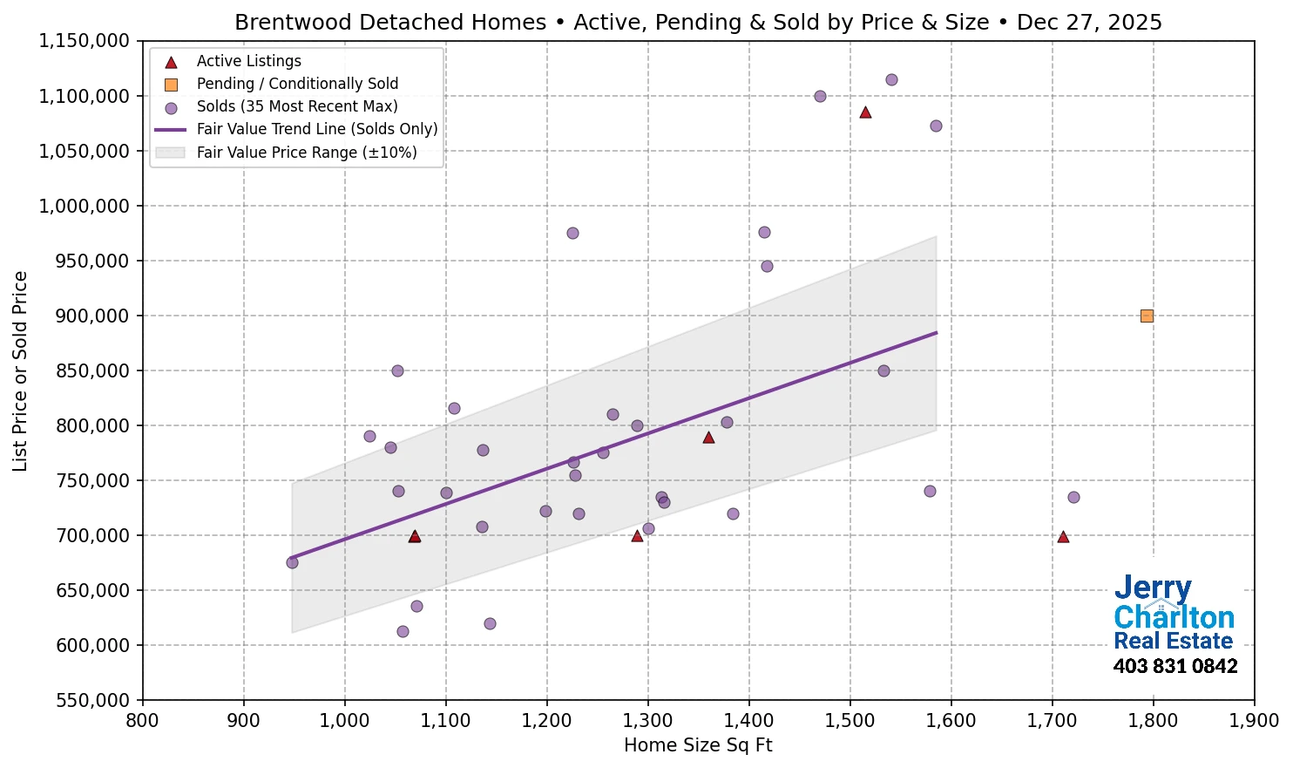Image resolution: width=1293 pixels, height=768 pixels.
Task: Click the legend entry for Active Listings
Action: (248, 61)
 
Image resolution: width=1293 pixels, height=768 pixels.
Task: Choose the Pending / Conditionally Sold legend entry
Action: (297, 84)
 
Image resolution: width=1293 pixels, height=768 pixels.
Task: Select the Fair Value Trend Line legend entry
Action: (316, 129)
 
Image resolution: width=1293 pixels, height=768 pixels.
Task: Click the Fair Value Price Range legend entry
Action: (306, 153)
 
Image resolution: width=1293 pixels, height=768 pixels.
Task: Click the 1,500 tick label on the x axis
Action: (850, 721)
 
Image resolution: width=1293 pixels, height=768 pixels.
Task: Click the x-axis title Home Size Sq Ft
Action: (698, 745)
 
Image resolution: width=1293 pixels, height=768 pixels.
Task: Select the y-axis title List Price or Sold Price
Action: (20, 370)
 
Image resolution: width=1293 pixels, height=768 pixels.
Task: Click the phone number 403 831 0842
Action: (1175, 667)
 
